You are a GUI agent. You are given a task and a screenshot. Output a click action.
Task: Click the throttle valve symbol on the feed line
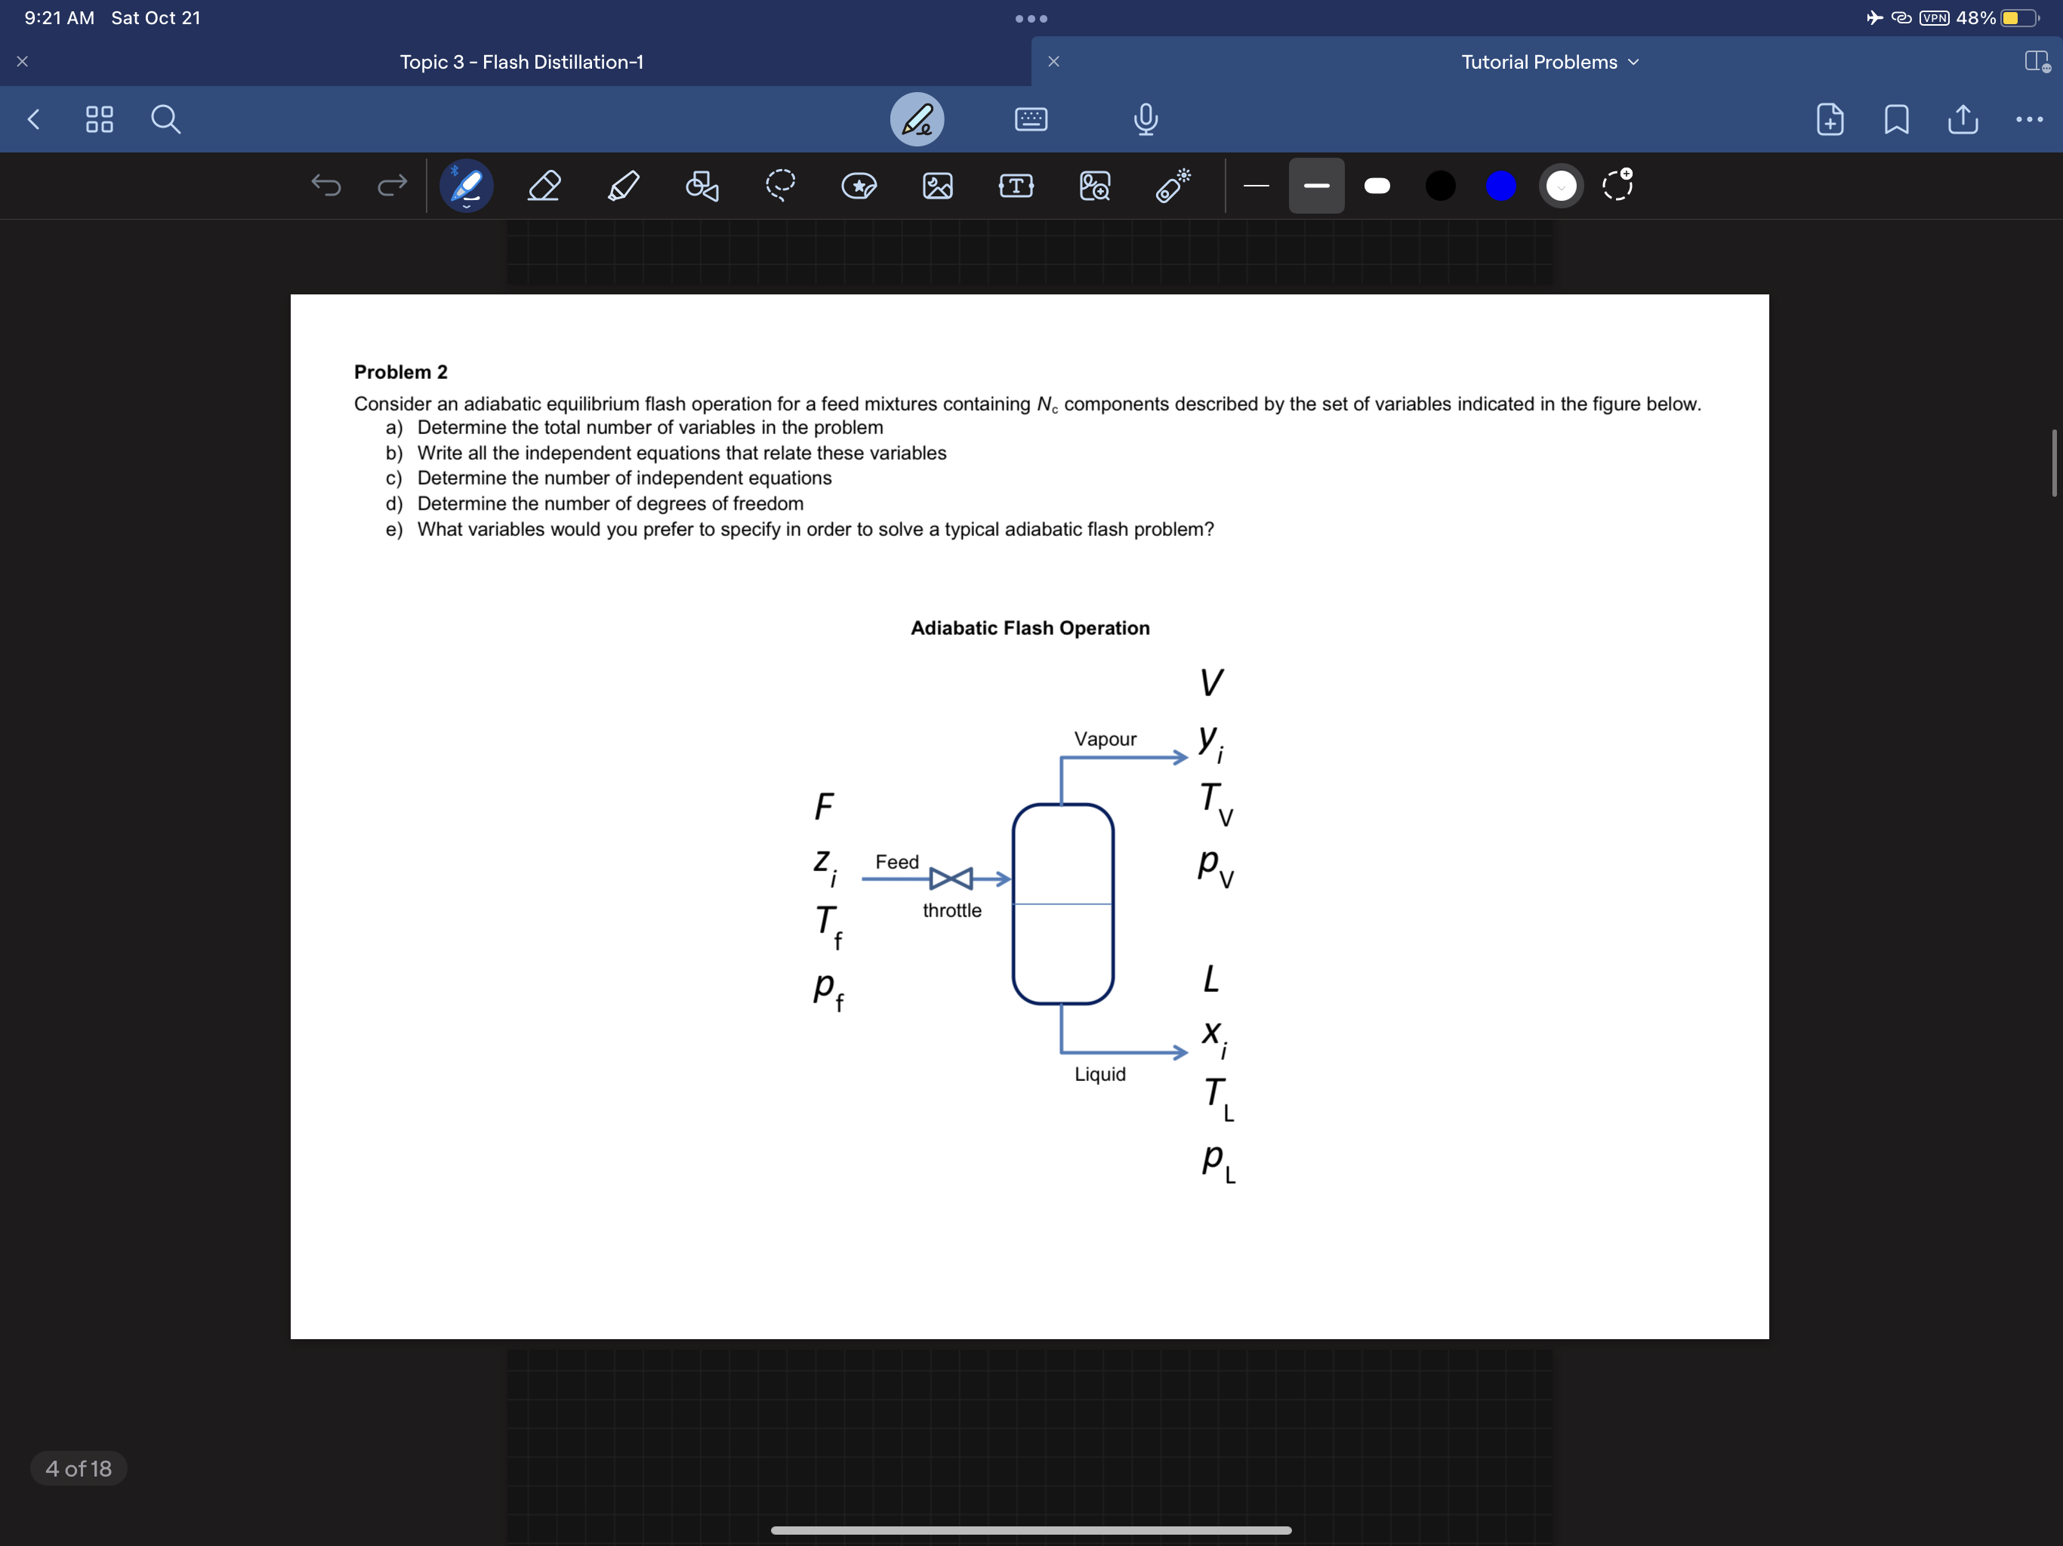coord(951,879)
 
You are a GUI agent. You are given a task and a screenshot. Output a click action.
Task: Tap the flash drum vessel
coord(1062,904)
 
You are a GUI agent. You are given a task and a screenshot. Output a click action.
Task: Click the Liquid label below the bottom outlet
coord(1099,1074)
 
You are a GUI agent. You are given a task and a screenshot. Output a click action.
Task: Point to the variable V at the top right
coord(1210,682)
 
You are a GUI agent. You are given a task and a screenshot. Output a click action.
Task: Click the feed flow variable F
coord(824,806)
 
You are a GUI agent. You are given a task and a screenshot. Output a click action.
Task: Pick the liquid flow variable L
coord(1210,979)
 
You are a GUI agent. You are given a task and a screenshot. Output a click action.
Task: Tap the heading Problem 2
coord(400,372)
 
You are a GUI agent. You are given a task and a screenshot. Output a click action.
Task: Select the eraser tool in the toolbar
coord(544,186)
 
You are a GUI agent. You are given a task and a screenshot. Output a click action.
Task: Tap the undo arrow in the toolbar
coord(325,186)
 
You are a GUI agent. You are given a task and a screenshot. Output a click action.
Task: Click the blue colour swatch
coord(1500,186)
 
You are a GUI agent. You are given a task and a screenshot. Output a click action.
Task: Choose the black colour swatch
coord(1440,186)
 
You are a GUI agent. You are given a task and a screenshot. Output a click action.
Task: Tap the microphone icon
coord(1146,119)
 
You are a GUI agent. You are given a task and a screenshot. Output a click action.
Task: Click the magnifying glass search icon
coord(166,119)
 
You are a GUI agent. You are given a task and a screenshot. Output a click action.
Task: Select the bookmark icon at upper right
coord(1896,119)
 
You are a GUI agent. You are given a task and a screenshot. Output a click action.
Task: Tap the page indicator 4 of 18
coord(79,1468)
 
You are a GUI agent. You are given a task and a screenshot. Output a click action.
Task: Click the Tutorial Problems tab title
coord(1539,63)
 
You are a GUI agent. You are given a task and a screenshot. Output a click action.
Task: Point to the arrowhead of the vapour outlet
coord(1182,758)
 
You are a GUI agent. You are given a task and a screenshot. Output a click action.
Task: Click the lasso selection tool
coord(780,186)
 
